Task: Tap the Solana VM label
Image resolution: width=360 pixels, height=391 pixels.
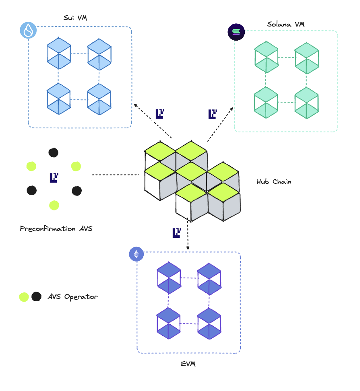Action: (286, 25)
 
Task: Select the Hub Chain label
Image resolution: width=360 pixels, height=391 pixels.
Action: (274, 182)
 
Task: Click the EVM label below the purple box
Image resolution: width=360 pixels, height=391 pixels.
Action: (188, 364)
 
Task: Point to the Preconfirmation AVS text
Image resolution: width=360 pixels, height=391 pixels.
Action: (56, 229)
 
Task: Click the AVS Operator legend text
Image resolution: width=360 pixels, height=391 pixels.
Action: (72, 297)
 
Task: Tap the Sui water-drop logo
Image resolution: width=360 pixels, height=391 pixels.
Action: (28, 30)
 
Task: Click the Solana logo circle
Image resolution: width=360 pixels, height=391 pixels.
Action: (236, 33)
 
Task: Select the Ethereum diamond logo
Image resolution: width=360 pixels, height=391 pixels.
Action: (137, 254)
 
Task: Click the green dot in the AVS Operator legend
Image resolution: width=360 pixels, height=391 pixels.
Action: (24, 297)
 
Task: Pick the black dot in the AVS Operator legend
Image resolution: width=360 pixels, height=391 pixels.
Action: (36, 297)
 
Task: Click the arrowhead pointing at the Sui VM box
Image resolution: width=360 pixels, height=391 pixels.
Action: (135, 105)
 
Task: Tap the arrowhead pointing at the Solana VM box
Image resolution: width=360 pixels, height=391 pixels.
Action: (232, 108)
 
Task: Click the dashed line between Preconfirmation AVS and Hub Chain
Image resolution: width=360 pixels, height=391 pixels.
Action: (116, 175)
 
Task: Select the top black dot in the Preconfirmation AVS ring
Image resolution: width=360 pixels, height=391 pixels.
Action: (53, 152)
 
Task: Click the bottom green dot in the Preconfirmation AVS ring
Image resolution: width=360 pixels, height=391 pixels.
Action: (54, 205)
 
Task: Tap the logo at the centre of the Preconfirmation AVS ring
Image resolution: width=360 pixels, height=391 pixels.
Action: (54, 177)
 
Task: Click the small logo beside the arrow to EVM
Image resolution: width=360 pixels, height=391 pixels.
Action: (176, 233)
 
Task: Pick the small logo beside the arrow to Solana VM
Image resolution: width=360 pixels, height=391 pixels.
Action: (212, 114)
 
